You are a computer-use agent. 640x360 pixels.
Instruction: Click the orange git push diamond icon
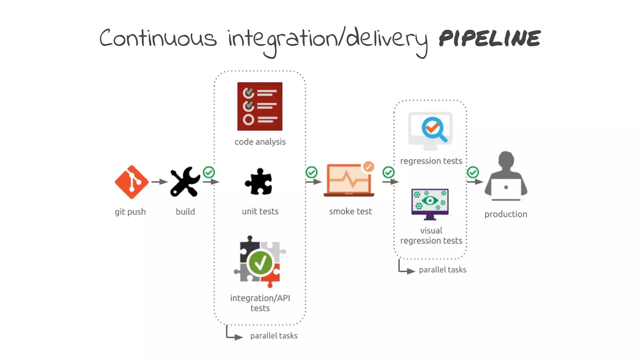tap(132, 182)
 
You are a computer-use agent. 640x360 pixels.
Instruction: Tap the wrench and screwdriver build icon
tap(185, 182)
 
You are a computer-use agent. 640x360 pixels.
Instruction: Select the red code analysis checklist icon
tap(260, 106)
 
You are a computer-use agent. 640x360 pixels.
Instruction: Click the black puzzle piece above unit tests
tap(259, 182)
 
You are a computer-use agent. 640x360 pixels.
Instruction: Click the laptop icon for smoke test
tap(349, 181)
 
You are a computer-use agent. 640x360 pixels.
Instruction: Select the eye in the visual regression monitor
tap(430, 200)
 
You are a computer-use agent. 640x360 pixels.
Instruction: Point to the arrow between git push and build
tap(159, 182)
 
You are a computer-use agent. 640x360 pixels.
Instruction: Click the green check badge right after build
tap(209, 172)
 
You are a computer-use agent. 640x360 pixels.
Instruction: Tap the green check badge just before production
tap(473, 172)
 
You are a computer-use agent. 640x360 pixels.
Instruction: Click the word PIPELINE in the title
tap(490, 39)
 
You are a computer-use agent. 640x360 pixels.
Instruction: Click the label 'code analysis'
tap(260, 142)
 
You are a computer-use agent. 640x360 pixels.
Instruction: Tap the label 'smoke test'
tap(350, 212)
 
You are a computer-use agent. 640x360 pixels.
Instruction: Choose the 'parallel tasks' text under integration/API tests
tap(274, 336)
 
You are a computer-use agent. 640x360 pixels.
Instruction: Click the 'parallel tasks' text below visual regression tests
tap(442, 270)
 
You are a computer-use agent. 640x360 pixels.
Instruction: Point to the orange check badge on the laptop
tap(369, 167)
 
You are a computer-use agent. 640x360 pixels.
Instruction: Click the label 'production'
tap(506, 214)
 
